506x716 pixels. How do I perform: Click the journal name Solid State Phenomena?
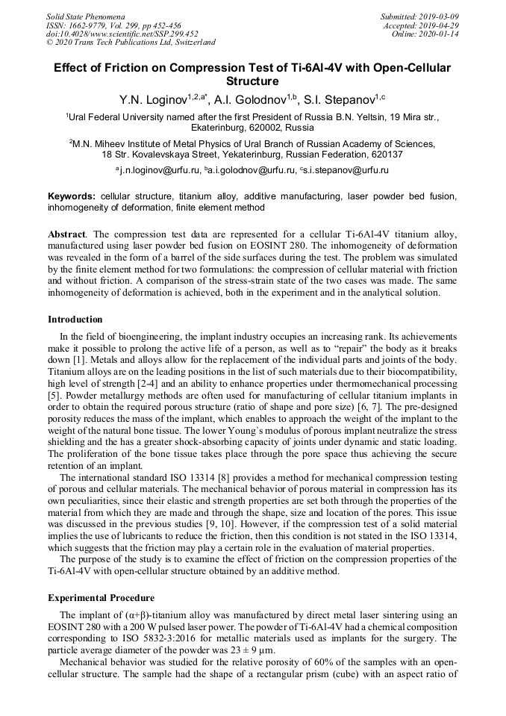coord(86,16)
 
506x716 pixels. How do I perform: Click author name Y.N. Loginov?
coord(153,98)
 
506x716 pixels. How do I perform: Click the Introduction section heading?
coord(75,320)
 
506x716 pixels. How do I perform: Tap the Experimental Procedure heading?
coord(101,598)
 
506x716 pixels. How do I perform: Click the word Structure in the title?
coord(252,81)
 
